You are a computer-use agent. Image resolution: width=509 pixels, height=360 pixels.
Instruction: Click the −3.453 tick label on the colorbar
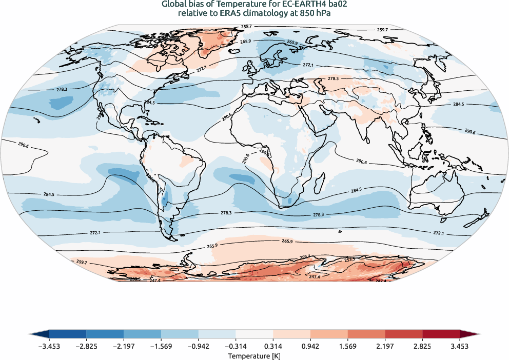pos(49,346)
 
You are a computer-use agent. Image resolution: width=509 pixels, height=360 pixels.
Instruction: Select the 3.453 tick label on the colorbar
pos(460,346)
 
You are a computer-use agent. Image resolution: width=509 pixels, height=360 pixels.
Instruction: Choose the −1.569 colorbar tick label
pos(161,346)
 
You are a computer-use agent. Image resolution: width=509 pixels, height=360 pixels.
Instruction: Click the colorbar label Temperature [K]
pos(254,355)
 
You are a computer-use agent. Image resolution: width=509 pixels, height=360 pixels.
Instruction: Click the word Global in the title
pos(173,5)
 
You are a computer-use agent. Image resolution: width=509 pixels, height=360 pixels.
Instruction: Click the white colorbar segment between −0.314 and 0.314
pos(254,334)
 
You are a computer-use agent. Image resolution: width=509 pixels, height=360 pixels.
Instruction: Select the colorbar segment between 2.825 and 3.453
pos(441,334)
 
